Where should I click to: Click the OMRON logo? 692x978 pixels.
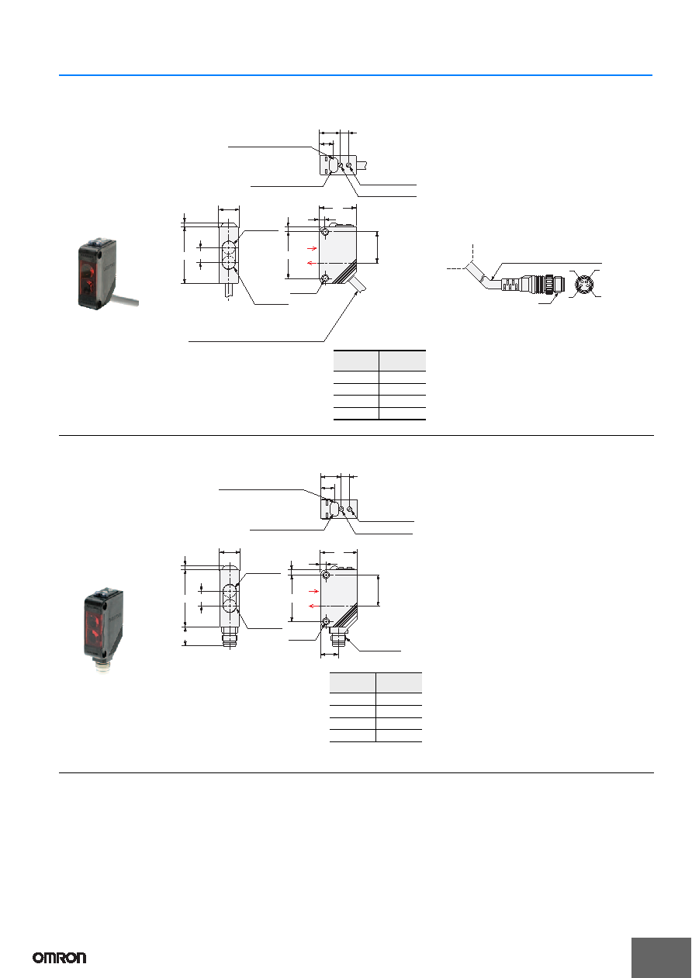tap(60, 958)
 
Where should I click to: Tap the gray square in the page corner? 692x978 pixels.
tap(661, 958)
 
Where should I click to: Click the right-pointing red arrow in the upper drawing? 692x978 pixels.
tap(312, 248)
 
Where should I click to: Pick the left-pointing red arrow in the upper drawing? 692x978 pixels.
tap(312, 263)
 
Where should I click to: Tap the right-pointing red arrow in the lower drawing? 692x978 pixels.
tap(313, 591)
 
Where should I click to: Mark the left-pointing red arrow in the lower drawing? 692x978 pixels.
tap(313, 606)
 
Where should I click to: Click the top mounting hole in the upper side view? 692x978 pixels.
tap(324, 231)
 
